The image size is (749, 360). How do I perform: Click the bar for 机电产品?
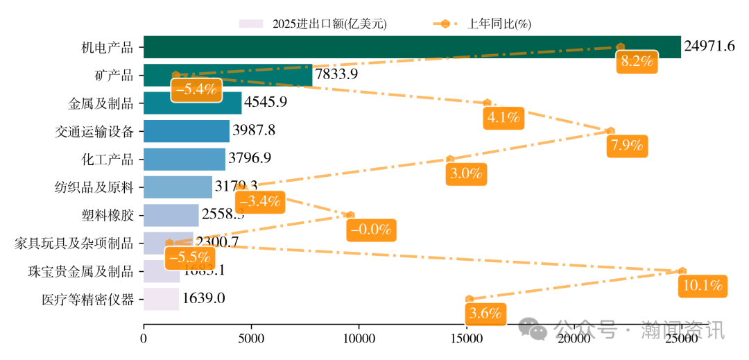412,46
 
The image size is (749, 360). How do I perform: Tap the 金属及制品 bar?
192,103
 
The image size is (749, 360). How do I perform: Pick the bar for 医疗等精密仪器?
161,299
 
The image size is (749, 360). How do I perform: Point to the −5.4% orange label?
196,89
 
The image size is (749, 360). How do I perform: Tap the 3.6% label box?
485,313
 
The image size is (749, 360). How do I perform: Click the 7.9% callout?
627,146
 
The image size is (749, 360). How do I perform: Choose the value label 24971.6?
709,46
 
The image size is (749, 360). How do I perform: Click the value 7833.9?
336,74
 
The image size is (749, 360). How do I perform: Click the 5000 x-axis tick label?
251,340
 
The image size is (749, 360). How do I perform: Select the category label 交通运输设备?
94,130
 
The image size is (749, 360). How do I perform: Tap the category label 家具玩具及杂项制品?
74,243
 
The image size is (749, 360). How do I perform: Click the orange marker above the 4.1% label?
487,103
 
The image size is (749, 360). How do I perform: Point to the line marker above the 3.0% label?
450,159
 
